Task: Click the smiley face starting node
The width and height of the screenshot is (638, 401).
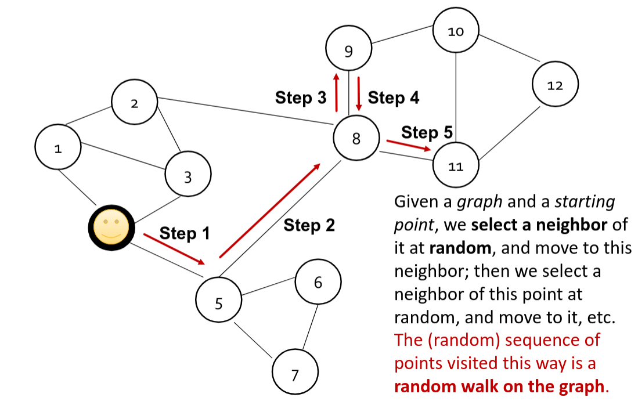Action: [111, 227]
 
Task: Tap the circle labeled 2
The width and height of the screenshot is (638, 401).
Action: [135, 104]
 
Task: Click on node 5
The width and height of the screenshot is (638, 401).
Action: [219, 302]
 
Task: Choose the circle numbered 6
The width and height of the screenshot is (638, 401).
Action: [318, 283]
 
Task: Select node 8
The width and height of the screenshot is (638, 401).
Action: [356, 138]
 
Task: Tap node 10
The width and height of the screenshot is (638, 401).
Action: [456, 31]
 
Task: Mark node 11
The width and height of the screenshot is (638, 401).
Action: [456, 167]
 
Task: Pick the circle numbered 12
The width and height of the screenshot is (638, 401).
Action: [555, 85]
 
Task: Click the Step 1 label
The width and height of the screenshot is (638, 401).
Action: [184, 233]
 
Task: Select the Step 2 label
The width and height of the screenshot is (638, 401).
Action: [309, 225]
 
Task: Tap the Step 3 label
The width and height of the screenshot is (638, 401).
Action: [301, 98]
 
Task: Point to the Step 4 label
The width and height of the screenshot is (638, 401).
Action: [393, 98]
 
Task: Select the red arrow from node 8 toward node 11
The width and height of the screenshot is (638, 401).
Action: [409, 145]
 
